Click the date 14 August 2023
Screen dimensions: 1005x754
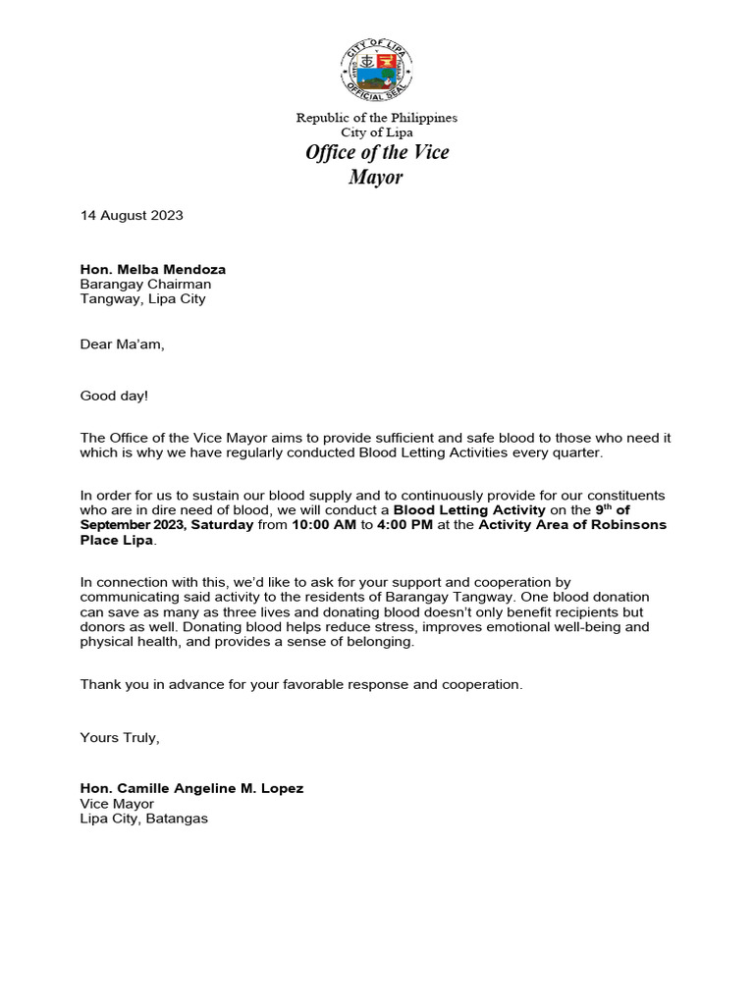(x=132, y=216)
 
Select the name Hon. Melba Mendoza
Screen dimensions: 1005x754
(x=152, y=269)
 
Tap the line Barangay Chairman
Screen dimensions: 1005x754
(x=145, y=285)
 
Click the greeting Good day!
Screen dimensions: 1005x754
(x=114, y=397)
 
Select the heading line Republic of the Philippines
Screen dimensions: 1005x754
(x=377, y=118)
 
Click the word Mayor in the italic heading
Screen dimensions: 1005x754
(x=377, y=178)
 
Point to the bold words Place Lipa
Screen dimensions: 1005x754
(x=118, y=540)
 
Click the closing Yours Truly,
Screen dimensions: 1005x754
(x=119, y=738)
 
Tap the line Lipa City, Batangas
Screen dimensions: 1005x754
(x=143, y=819)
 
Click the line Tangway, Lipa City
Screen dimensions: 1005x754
(x=142, y=299)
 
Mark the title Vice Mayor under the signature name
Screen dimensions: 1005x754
(x=117, y=804)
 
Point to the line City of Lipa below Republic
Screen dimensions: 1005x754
(x=377, y=132)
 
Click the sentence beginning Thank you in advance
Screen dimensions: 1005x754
(x=301, y=685)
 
